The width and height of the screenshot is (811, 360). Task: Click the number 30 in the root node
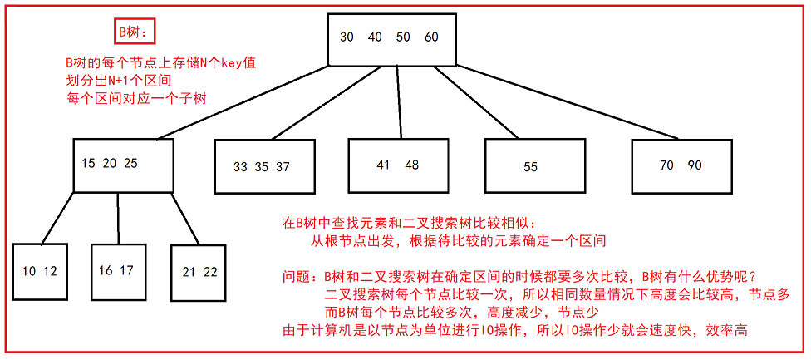point(347,37)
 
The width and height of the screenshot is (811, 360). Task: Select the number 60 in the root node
point(431,37)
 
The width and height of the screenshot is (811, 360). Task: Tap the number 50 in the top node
point(403,37)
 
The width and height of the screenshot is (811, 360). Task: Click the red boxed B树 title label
point(133,32)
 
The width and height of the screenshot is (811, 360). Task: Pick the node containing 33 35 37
point(262,166)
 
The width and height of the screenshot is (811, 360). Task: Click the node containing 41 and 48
point(398,165)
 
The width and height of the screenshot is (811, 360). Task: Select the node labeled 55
point(531,166)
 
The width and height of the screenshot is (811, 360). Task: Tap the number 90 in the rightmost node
point(695,165)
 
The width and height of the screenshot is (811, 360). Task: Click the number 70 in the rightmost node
point(666,165)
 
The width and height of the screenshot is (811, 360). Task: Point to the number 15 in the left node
point(88,163)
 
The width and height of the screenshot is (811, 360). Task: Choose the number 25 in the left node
point(130,163)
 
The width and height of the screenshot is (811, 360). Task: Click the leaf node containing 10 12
point(40,271)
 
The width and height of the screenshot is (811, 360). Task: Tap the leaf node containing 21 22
point(199,272)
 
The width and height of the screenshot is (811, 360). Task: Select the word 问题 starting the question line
point(296,275)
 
